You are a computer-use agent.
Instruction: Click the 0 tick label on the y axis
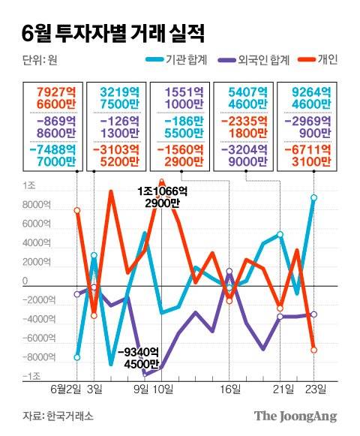(x=25, y=281)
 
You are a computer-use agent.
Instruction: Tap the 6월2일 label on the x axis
(x=65, y=389)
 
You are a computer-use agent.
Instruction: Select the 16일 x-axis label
(x=230, y=389)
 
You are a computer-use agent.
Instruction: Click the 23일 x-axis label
(x=314, y=389)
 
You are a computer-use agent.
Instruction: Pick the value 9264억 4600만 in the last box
(x=304, y=97)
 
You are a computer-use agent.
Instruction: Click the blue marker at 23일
(x=314, y=198)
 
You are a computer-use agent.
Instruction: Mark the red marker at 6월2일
(x=77, y=211)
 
